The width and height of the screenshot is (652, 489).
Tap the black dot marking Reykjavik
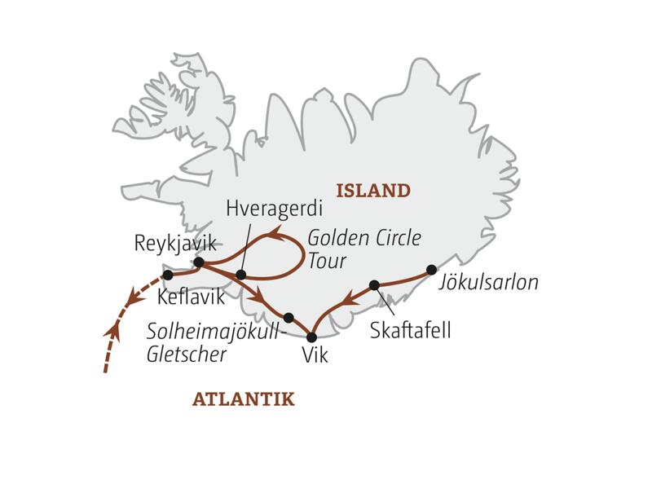[198, 262]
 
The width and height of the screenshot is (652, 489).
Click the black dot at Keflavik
[168, 275]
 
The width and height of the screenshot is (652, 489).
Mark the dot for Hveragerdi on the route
[240, 275]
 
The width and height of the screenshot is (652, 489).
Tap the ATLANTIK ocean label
[243, 399]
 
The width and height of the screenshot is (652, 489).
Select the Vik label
[315, 356]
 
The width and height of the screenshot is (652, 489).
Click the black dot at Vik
[311, 337]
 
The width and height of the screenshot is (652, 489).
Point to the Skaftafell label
[409, 331]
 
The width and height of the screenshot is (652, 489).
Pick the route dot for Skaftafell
[374, 285]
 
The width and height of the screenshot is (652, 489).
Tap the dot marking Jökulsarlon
[431, 270]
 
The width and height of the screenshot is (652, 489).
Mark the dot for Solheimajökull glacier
[289, 317]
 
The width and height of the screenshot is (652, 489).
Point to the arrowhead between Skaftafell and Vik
[347, 300]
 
